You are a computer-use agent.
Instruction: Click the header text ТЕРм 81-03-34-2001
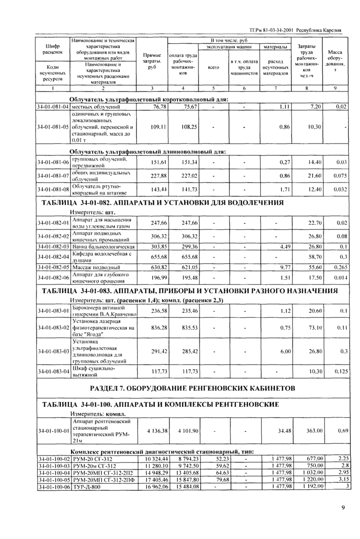[x=270, y=30]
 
